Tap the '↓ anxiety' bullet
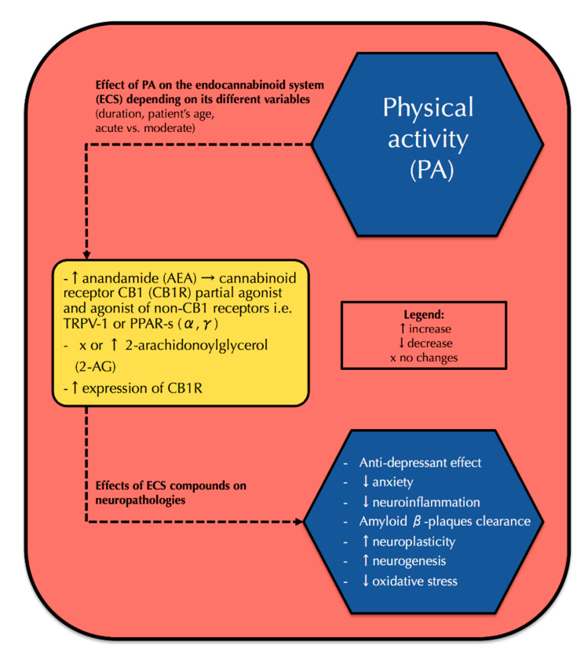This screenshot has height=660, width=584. click(x=388, y=482)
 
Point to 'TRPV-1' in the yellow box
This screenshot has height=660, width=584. click(x=86, y=324)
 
